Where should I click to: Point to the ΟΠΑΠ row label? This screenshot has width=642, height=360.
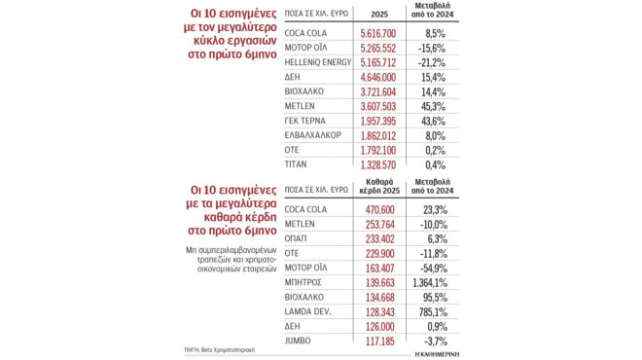297,237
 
